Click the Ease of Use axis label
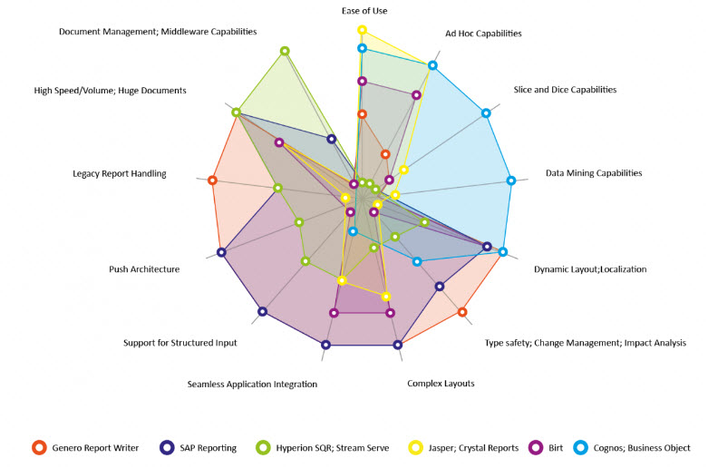365,11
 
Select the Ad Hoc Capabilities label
483,34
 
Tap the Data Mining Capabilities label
593,172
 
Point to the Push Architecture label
144,269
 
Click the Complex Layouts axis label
441,384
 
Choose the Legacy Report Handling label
120,173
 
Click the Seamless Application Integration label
252,385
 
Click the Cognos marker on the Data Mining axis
510,180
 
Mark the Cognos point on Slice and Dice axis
486,113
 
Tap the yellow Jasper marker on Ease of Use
362,31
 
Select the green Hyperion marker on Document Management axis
285,51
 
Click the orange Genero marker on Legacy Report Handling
213,180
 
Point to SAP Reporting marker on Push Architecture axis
221,252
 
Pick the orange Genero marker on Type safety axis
462,312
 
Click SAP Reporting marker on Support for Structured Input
262,312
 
